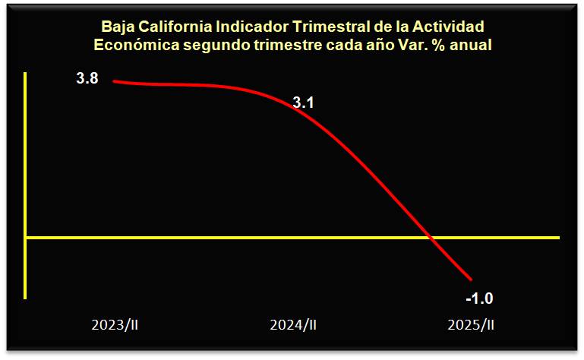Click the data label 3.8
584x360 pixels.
[87, 78]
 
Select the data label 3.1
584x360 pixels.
[304, 103]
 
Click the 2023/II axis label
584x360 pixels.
[115, 325]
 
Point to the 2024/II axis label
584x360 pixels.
[293, 325]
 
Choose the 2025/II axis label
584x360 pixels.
[471, 325]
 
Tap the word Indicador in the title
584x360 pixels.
[252, 27]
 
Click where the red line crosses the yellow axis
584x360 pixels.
[431, 238]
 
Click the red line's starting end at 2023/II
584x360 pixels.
[114, 81]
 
